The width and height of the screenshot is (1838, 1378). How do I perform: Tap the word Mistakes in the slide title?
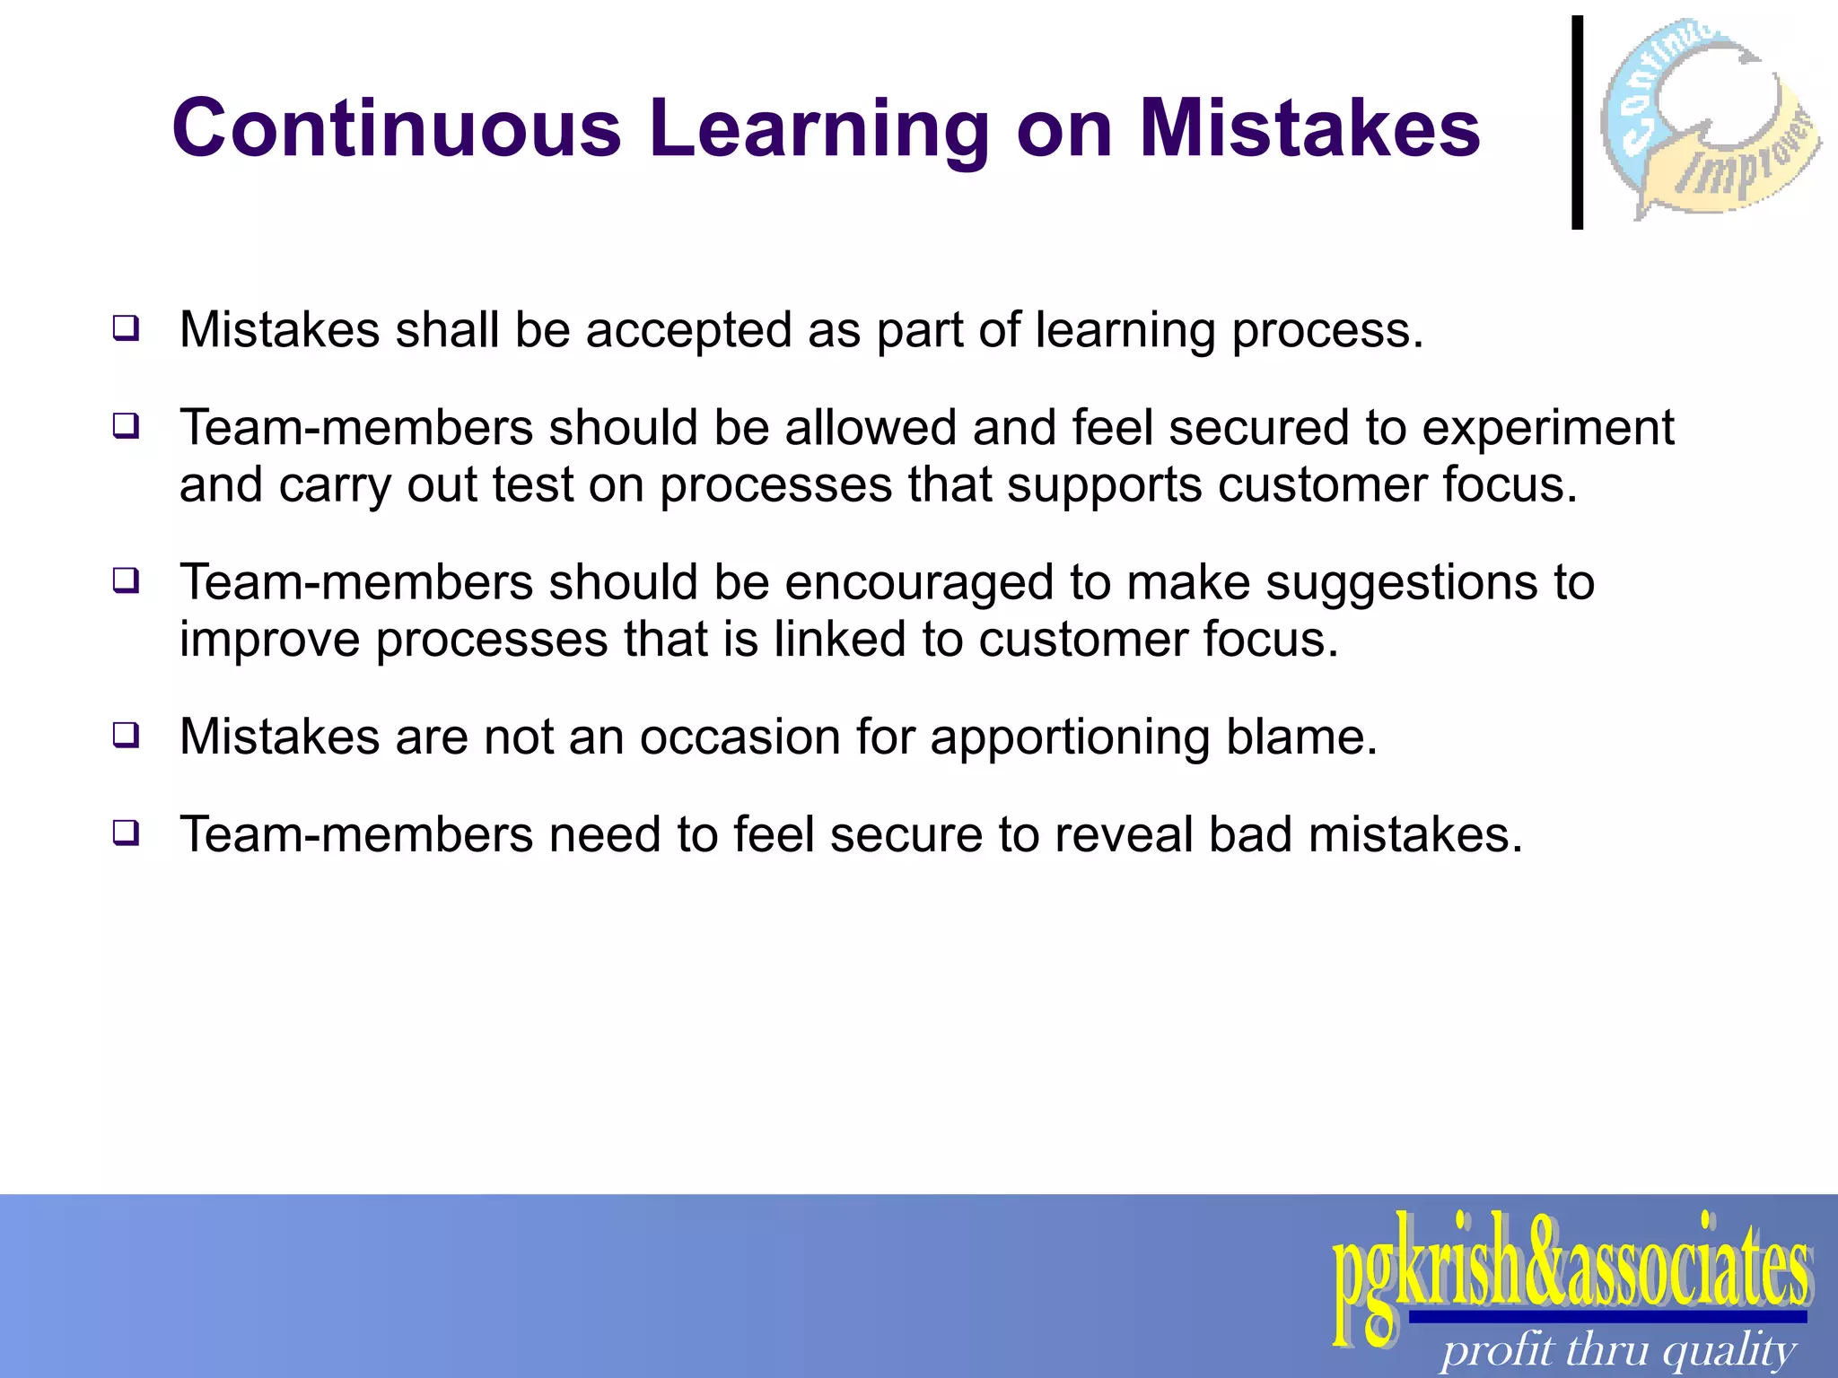tap(1309, 128)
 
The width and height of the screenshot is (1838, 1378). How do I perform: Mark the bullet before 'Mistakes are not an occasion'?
tap(126, 735)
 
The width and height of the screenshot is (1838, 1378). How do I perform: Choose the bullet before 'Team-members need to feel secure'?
tap(126, 833)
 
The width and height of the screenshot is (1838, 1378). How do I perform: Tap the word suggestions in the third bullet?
tap(1422, 583)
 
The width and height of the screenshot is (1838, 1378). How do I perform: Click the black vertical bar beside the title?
tap(1577, 123)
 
